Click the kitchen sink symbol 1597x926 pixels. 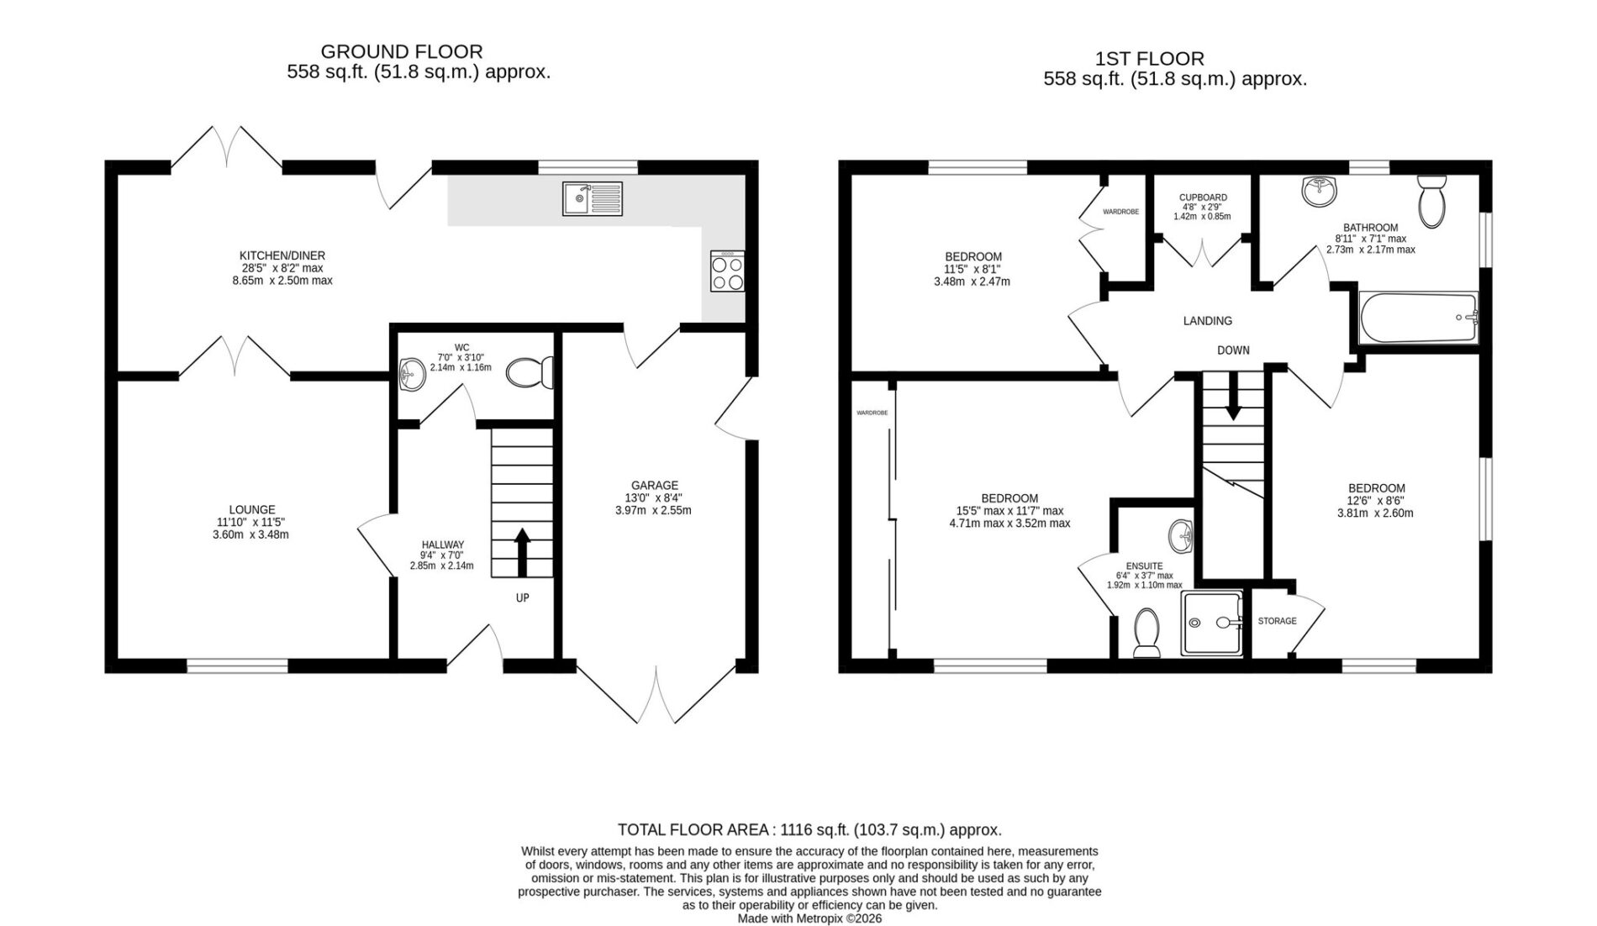click(x=593, y=198)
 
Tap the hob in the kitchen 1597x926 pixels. click(x=727, y=271)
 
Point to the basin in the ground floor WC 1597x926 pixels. click(x=413, y=374)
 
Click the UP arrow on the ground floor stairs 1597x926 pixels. click(x=522, y=552)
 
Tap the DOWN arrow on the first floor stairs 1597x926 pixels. click(x=1233, y=397)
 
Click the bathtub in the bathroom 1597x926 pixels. click(x=1418, y=318)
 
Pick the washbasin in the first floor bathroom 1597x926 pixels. click(x=1319, y=191)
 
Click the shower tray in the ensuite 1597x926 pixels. click(x=1212, y=623)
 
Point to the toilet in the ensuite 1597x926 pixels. click(x=1146, y=634)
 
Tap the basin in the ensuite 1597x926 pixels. click(x=1181, y=536)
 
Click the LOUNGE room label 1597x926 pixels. click(x=252, y=509)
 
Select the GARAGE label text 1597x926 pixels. click(x=655, y=485)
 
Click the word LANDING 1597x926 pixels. click(x=1208, y=320)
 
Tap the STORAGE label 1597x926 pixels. click(x=1277, y=621)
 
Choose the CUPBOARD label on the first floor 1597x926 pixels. click(x=1203, y=197)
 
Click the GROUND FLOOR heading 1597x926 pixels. click(x=402, y=52)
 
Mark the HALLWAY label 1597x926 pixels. click(x=442, y=545)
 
